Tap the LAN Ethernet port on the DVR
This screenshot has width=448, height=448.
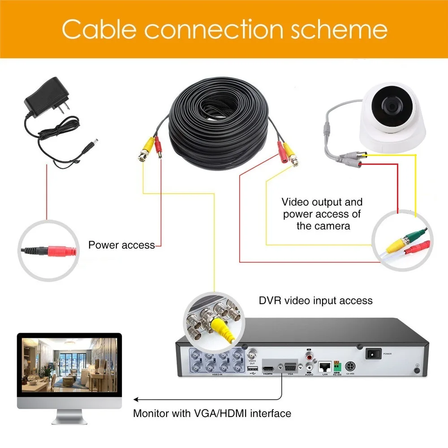click(324, 366)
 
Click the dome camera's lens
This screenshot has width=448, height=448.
click(391, 106)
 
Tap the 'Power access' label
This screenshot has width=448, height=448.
click(121, 245)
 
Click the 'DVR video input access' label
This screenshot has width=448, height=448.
click(316, 300)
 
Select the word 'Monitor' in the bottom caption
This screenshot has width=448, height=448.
click(152, 413)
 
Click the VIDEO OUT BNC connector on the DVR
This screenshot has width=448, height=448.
click(252, 352)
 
